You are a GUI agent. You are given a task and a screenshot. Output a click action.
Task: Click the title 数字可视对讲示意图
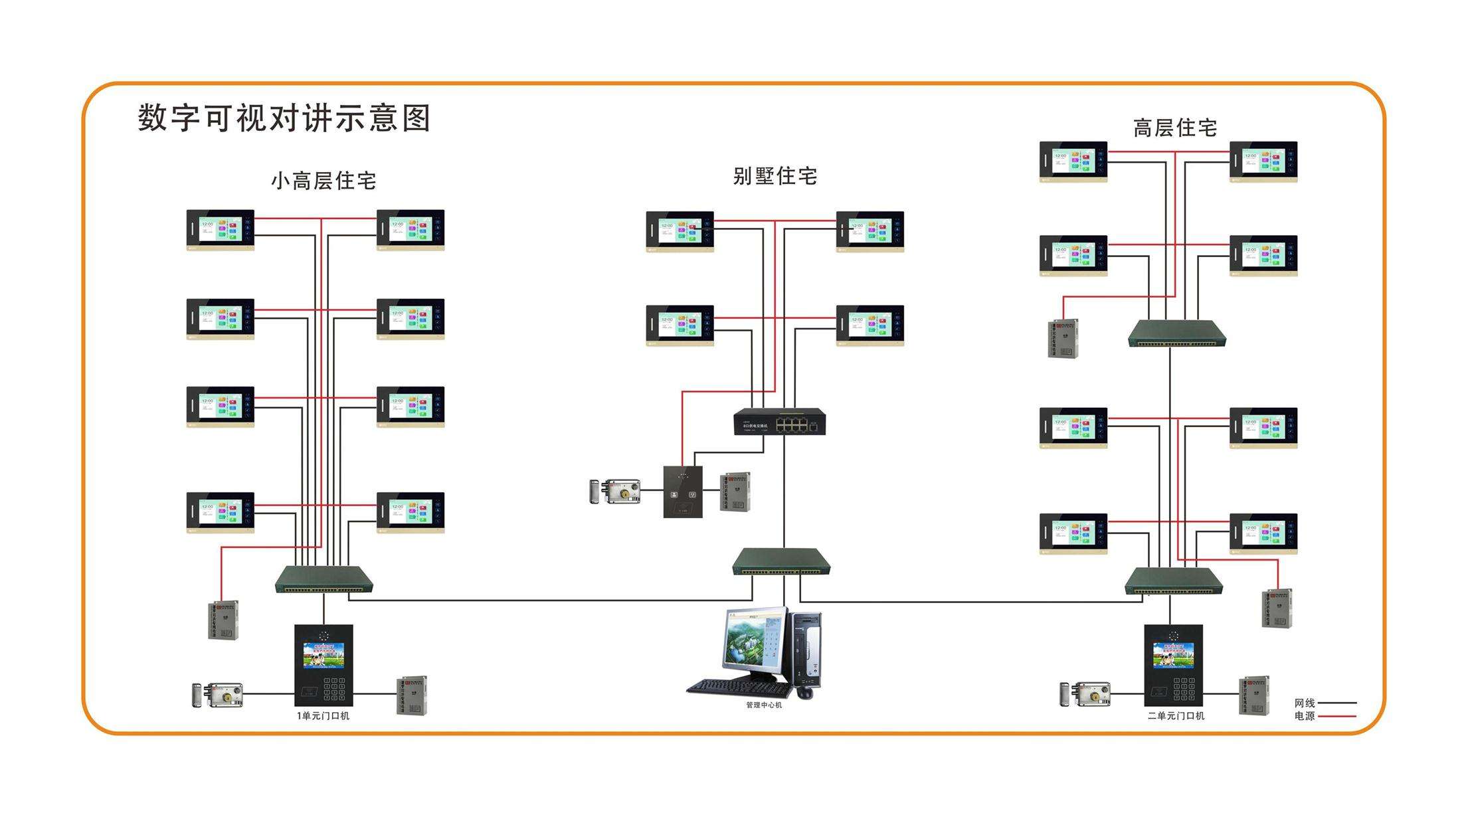[x=284, y=118]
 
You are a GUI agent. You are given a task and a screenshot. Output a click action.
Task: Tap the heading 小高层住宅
[x=323, y=181]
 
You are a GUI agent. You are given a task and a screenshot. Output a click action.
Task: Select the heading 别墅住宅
[x=775, y=176]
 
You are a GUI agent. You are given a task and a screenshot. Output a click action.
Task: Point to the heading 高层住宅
[x=1174, y=128]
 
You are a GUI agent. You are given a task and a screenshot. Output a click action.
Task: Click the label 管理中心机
[x=764, y=705]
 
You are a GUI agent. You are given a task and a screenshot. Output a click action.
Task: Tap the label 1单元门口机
[x=323, y=715]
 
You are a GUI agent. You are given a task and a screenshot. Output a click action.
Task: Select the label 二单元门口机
[x=1176, y=715]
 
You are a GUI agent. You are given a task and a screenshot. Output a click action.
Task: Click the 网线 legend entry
[x=1325, y=703]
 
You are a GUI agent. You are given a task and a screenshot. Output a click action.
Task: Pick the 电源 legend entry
[x=1325, y=716]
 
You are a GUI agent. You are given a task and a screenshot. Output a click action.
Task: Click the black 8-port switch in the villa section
[x=780, y=422]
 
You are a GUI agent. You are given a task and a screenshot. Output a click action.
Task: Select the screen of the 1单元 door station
[x=323, y=655]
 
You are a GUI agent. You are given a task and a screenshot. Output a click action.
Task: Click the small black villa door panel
[x=683, y=492]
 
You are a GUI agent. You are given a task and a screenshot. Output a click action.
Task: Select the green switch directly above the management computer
[x=781, y=562]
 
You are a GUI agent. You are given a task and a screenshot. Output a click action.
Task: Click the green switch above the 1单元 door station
[x=323, y=580]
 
